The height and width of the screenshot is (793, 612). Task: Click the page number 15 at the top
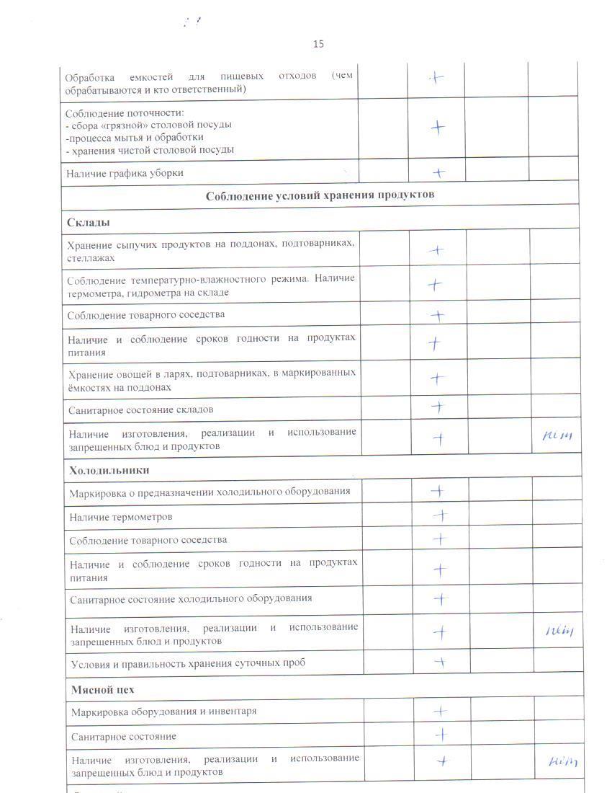pos(318,44)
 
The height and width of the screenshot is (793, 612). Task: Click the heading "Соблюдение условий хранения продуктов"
pos(320,195)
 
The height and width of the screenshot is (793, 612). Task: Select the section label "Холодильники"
pos(109,470)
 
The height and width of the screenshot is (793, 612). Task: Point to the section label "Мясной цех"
pos(102,690)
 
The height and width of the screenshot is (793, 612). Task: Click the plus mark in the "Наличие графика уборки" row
pos(438,172)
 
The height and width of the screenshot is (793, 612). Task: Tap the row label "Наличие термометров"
pos(121,517)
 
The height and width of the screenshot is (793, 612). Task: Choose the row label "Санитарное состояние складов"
pos(140,409)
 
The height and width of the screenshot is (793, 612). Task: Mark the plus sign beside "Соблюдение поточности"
pos(438,128)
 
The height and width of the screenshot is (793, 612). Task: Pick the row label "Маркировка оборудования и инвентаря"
pos(163,712)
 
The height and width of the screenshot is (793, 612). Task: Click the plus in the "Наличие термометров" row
pos(439,515)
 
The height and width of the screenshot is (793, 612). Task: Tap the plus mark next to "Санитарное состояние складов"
pos(437,407)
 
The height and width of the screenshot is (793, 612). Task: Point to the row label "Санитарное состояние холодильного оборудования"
pos(191,598)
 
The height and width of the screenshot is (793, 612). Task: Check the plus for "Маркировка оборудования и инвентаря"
pos(440,711)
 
